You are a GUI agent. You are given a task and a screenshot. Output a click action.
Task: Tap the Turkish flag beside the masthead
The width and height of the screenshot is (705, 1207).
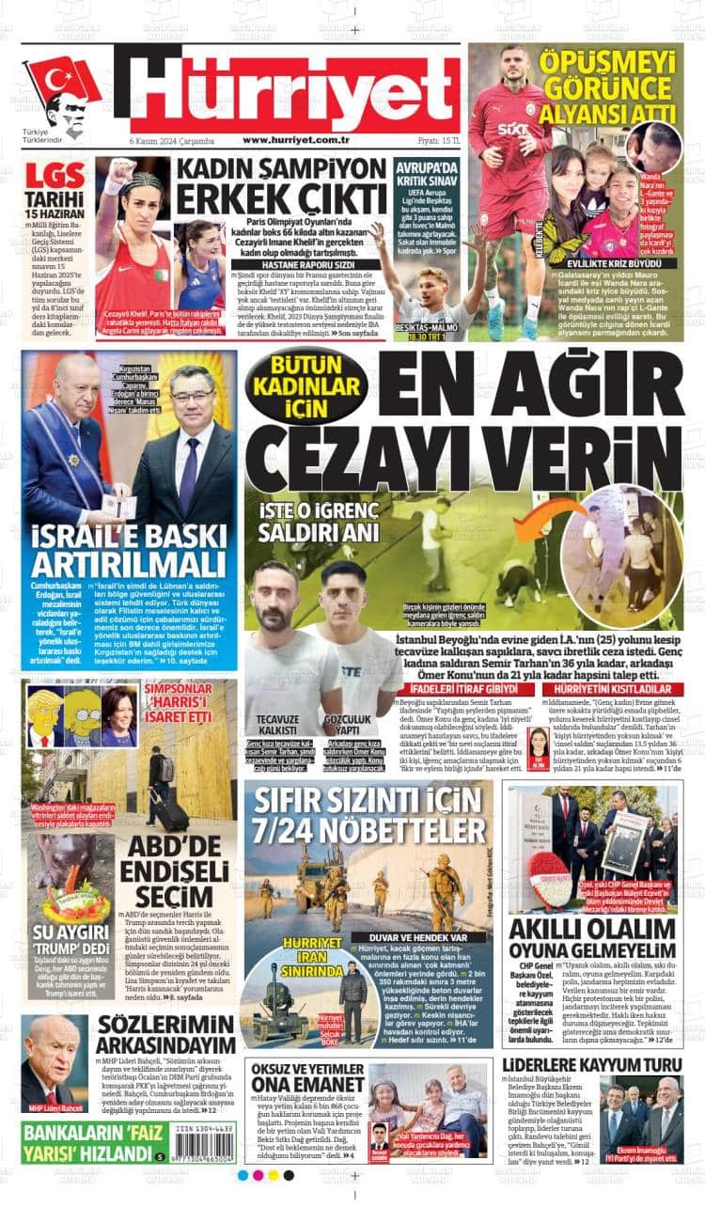(61, 79)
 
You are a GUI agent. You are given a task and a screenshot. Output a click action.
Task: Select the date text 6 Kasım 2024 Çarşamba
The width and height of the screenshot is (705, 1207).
(172, 141)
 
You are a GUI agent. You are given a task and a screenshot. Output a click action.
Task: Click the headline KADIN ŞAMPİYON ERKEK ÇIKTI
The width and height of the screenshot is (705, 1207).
(279, 187)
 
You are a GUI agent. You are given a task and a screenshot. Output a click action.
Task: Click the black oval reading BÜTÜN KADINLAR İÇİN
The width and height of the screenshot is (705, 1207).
(305, 385)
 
